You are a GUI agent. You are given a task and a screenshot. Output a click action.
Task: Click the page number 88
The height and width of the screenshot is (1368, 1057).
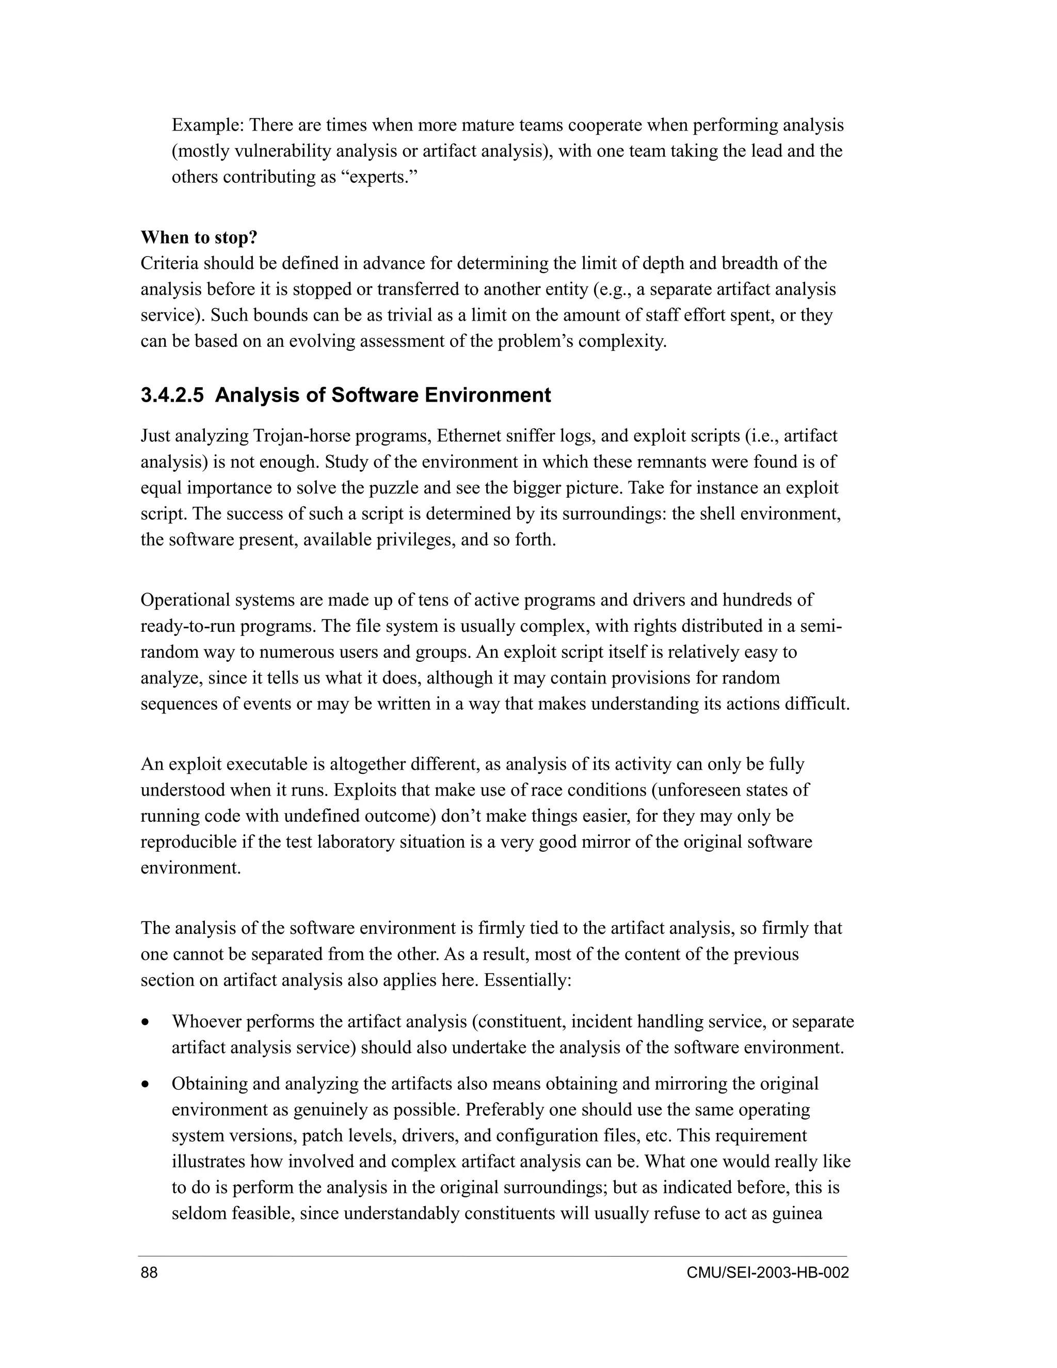click(x=149, y=1273)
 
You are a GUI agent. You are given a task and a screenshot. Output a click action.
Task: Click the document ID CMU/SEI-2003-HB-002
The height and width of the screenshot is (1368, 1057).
click(x=767, y=1273)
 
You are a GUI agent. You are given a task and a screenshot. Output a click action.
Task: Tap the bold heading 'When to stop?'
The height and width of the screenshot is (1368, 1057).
click(x=199, y=237)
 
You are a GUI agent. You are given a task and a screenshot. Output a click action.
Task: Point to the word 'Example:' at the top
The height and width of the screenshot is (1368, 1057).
click(x=208, y=125)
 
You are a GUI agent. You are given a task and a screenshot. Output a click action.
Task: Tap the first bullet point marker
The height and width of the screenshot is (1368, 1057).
click(x=146, y=1023)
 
